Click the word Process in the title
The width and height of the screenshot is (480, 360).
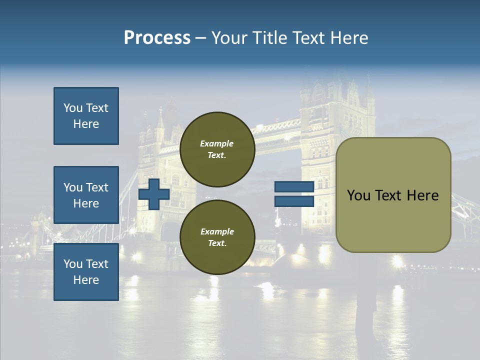157,38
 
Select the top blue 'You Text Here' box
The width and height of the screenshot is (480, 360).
86,116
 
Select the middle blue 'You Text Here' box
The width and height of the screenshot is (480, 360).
86,195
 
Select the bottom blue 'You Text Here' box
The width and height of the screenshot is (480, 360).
86,272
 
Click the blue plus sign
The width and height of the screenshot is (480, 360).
154,194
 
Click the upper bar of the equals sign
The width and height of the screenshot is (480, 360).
294,187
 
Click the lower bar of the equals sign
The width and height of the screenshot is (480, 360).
294,201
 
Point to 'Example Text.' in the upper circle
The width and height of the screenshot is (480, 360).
217,149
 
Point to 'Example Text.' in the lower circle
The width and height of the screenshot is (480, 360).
217,237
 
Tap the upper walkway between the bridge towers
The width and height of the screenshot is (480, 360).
277,128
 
